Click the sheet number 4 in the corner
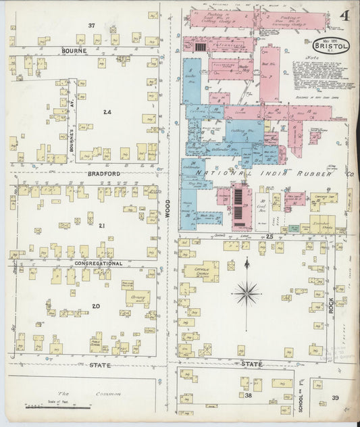coord(345,15)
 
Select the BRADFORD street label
coord(103,174)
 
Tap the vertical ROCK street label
coord(331,306)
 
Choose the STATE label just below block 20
coord(99,365)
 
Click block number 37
coord(92,25)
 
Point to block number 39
coord(336,398)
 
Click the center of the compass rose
coord(247,293)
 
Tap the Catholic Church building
coord(201,272)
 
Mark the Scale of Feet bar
coord(58,406)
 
